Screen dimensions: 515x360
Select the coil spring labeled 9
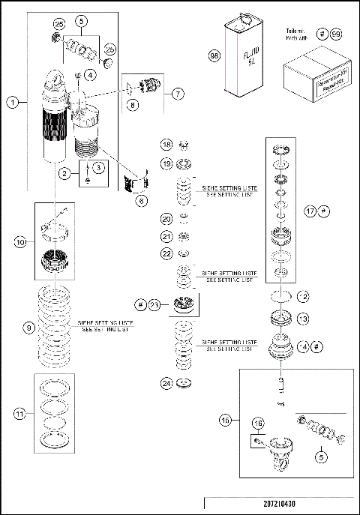pyautogui.click(x=54, y=328)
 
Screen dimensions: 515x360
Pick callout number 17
pyautogui.click(x=310, y=212)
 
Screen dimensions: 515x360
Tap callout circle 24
pyautogui.click(x=166, y=383)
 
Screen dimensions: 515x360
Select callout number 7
pyautogui.click(x=177, y=94)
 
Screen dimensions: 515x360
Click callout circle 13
pyautogui.click(x=303, y=319)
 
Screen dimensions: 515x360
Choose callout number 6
pyautogui.click(x=140, y=200)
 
